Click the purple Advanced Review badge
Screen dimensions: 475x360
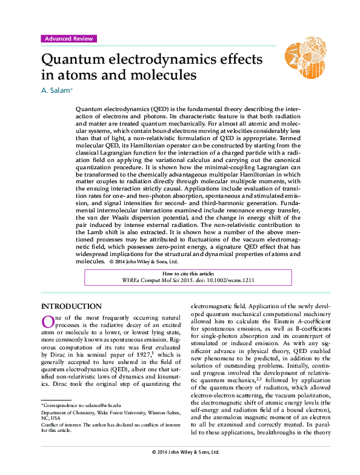click(x=68, y=39)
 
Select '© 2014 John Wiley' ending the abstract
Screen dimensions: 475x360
click(x=133, y=261)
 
